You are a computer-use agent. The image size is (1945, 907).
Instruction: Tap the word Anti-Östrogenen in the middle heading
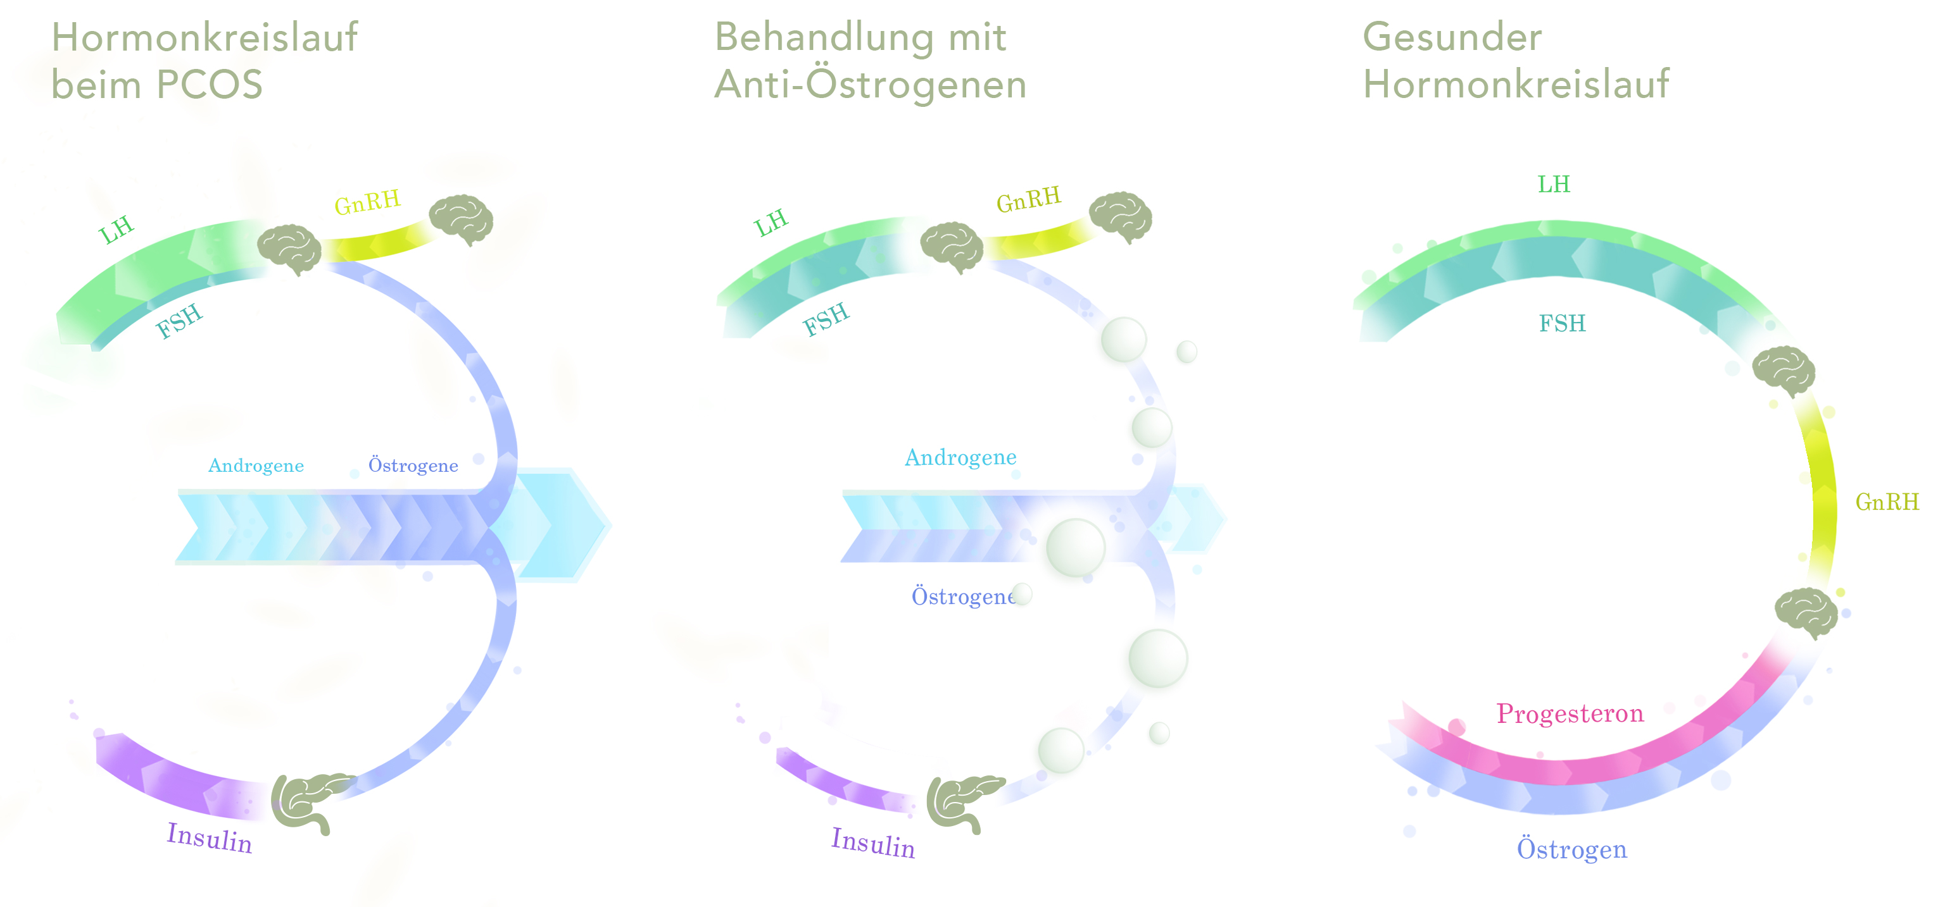tap(870, 85)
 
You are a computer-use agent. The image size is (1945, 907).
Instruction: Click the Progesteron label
tap(1569, 713)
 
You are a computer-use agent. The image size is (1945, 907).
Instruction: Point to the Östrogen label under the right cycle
tap(1571, 849)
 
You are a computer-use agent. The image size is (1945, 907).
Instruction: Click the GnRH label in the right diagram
tap(1886, 502)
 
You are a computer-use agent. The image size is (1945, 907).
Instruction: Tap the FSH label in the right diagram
tap(1561, 323)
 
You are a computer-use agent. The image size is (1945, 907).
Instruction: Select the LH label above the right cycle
tap(1553, 184)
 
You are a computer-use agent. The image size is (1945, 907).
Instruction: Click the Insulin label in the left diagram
tap(209, 837)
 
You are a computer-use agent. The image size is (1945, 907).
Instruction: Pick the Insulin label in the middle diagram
tap(873, 843)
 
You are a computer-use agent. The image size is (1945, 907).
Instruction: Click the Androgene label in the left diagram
tap(256, 466)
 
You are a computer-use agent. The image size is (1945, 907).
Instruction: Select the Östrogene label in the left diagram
tap(413, 466)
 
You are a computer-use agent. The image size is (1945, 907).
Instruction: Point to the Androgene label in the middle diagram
tap(960, 457)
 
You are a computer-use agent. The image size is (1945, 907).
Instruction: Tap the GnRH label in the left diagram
tap(367, 202)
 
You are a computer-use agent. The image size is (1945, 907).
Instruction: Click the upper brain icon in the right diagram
tap(1784, 371)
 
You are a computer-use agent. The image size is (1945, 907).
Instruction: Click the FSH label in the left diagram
tap(179, 320)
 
